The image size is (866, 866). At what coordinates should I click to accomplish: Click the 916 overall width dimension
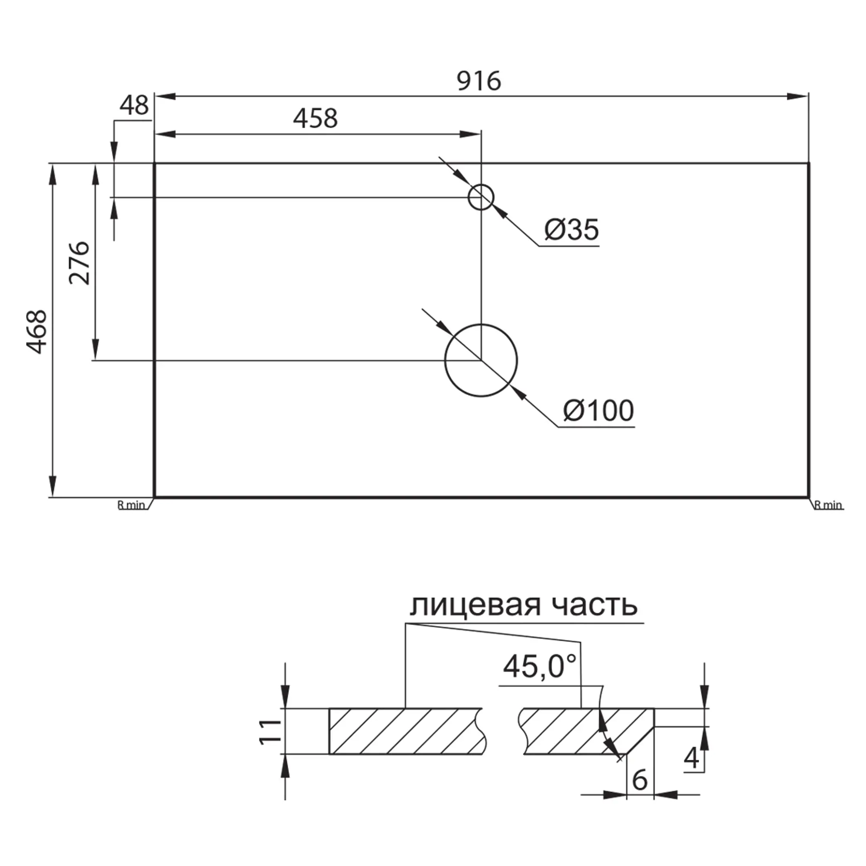tap(479, 81)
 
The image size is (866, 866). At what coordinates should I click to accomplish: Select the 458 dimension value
tap(315, 119)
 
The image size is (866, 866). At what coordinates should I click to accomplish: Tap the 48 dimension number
tap(134, 106)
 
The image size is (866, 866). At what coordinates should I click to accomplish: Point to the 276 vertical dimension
tap(80, 263)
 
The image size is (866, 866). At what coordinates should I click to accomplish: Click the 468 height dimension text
tap(36, 332)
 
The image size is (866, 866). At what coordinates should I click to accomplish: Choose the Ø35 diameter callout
tap(572, 229)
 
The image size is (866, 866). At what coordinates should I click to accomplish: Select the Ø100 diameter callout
tap(598, 410)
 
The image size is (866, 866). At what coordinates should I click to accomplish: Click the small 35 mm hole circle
tap(481, 197)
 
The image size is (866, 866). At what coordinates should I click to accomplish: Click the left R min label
tap(131, 505)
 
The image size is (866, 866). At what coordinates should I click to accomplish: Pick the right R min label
tap(828, 505)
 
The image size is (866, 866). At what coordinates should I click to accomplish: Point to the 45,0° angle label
tap(539, 666)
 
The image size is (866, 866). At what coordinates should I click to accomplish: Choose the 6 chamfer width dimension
tap(640, 780)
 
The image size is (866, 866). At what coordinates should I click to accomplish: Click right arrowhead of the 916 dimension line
tap(798, 96)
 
